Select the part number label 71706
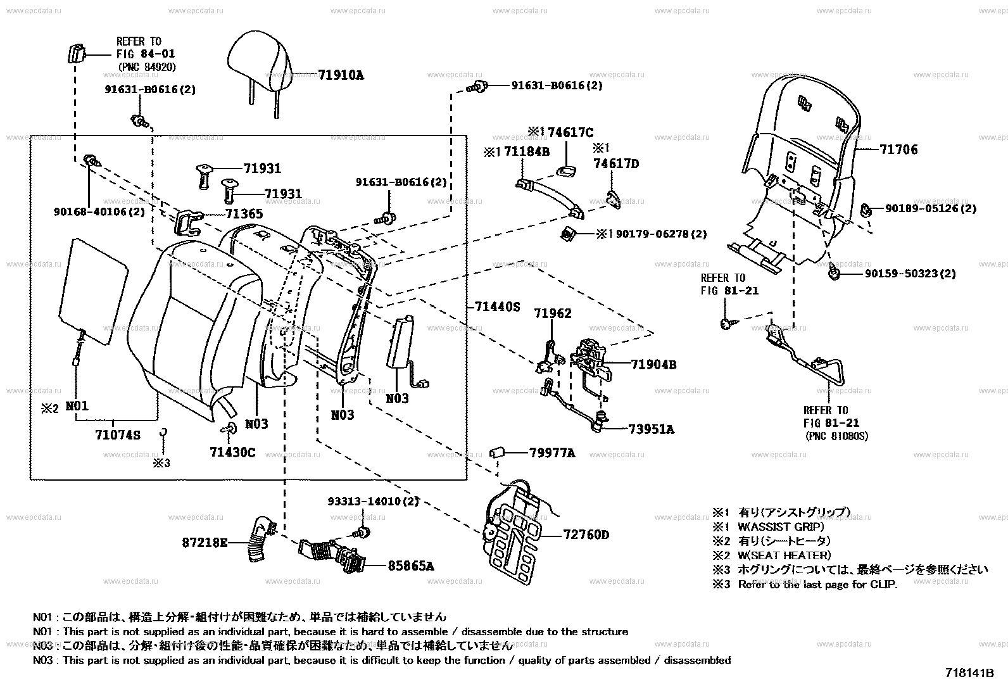[898, 150]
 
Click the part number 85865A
[410, 566]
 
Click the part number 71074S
[118, 435]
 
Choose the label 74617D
[616, 164]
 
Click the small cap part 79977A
[496, 453]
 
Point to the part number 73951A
[652, 429]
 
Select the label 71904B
[653, 365]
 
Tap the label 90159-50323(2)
[910, 274]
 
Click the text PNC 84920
[148, 67]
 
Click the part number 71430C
[232, 452]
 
